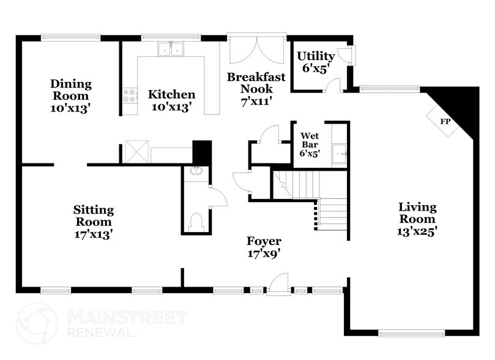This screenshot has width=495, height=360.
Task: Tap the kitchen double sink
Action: (x=171, y=49)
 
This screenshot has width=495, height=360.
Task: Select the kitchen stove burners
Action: (x=130, y=96)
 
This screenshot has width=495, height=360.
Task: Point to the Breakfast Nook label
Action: (x=256, y=83)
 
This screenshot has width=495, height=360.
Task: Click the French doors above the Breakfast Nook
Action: (x=256, y=50)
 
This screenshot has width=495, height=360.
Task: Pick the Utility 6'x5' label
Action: (x=316, y=62)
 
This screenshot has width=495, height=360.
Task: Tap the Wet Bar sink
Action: (x=339, y=154)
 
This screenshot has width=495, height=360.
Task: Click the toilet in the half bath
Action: (x=196, y=222)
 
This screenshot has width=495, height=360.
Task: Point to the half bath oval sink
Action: (x=196, y=171)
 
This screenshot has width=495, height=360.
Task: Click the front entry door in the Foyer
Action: (x=279, y=284)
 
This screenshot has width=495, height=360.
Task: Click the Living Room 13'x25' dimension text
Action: (x=417, y=231)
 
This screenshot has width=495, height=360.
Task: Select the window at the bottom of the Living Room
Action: (x=411, y=333)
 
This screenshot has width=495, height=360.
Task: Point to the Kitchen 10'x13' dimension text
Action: (x=171, y=107)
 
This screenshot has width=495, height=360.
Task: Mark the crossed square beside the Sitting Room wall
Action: (x=137, y=152)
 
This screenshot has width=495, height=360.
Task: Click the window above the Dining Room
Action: (x=71, y=37)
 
